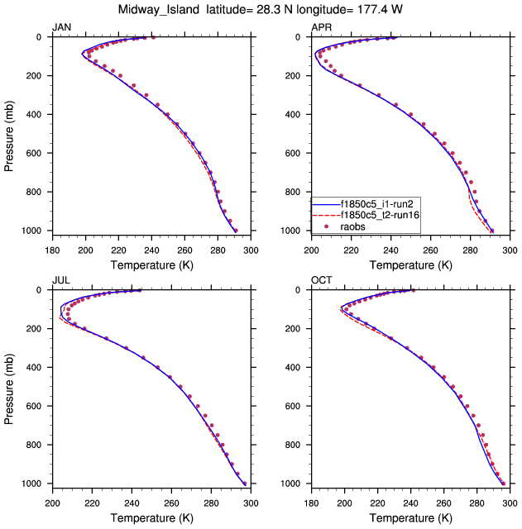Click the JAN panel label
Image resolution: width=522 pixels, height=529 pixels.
60,27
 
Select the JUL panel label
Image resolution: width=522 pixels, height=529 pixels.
60,280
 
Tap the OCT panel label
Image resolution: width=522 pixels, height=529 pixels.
321,280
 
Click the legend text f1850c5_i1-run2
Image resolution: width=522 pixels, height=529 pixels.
370,201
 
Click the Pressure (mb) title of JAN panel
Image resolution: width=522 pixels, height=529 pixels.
9,134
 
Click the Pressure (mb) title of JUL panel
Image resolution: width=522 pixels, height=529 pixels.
9,387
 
